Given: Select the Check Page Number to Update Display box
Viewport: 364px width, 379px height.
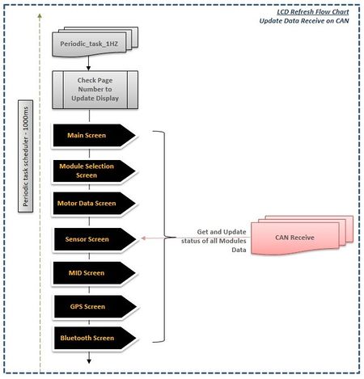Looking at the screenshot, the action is (x=95, y=90).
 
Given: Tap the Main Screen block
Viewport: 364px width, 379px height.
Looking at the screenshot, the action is (x=94, y=135).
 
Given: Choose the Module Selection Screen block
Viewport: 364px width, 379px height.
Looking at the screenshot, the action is (x=94, y=171).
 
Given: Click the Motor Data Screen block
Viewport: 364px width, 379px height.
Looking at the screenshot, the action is (x=94, y=204).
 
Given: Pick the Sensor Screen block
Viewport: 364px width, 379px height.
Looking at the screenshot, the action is (x=95, y=239).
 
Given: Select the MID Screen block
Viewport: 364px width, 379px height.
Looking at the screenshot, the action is (x=94, y=273).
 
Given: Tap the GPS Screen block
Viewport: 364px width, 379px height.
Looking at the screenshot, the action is (x=95, y=306).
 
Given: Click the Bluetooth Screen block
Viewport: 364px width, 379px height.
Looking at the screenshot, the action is (x=95, y=338).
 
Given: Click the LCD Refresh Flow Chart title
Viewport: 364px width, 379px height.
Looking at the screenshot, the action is (x=313, y=12).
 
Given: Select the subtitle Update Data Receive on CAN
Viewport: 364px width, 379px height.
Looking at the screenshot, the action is (x=304, y=21).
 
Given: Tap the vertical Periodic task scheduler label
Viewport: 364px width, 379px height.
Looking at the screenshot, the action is (x=25, y=156).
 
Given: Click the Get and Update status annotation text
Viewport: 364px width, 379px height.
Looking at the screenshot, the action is (x=214, y=241).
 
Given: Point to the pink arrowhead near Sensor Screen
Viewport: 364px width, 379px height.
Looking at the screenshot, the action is (x=143, y=238).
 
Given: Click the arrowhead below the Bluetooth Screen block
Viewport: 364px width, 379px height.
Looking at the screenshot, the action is (x=89, y=361).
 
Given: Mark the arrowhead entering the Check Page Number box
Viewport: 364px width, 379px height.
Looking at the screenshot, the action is (x=88, y=69).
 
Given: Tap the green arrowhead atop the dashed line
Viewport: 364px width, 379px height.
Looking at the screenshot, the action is (x=40, y=16).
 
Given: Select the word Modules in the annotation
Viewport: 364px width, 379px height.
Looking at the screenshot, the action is (x=232, y=241).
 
